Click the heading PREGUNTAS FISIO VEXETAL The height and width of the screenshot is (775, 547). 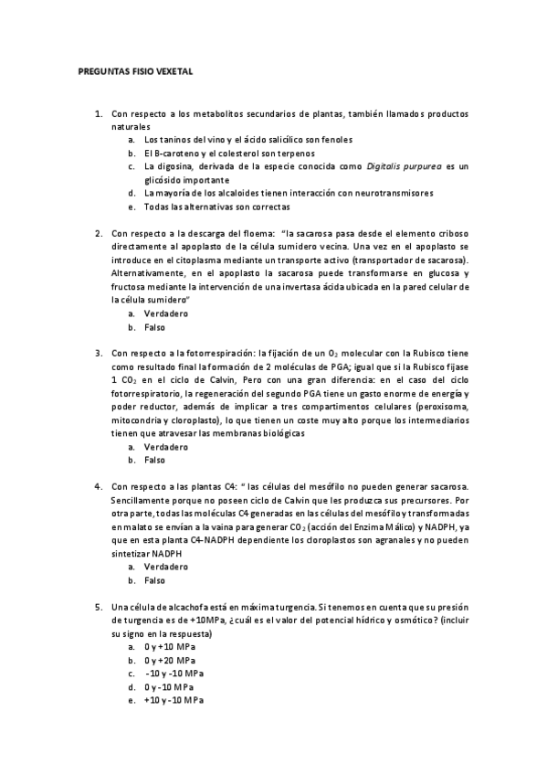(135, 70)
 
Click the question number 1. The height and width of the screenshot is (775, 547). (99, 113)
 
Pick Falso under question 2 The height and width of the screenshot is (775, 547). (154, 326)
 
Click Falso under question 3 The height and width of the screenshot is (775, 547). (154, 461)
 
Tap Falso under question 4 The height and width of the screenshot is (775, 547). (154, 580)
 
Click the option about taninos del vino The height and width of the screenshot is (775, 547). (247, 140)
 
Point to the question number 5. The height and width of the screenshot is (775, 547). (99, 608)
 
